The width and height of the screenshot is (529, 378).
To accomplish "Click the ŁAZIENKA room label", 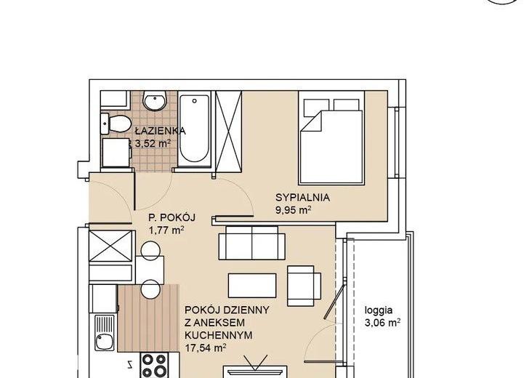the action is click(161, 131).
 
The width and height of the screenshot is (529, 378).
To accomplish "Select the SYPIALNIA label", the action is click(302, 198).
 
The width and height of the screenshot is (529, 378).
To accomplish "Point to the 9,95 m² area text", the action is click(293, 210).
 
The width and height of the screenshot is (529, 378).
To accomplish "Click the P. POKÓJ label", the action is click(172, 217).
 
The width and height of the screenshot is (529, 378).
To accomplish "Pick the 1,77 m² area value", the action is click(166, 230).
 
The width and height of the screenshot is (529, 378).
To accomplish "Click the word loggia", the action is click(379, 310).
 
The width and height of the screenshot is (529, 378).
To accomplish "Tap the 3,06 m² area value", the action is click(382, 323).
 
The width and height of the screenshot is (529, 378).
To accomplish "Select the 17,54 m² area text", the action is click(206, 348).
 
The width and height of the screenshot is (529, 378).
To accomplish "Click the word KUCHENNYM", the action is click(219, 335).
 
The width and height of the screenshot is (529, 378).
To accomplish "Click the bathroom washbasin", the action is click(155, 100).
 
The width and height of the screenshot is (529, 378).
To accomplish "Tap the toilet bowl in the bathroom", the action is click(116, 123).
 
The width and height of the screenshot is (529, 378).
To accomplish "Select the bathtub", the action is click(194, 129).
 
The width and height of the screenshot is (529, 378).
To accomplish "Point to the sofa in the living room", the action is click(251, 242).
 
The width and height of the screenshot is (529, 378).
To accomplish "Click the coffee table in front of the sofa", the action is click(252, 286).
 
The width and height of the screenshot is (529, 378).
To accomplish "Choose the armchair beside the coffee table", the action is click(304, 286).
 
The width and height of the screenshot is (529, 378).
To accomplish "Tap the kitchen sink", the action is click(105, 333).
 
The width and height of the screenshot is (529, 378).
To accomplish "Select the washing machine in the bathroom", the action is click(116, 153).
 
